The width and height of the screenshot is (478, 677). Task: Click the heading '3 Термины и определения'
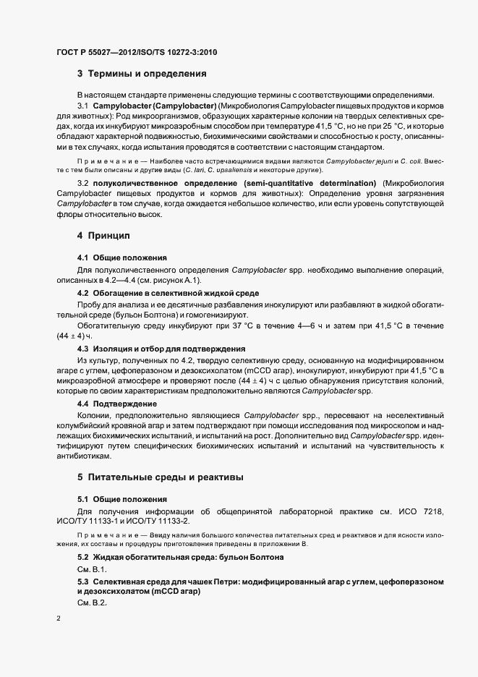click(x=142, y=74)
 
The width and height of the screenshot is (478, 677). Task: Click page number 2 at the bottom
click(x=58, y=618)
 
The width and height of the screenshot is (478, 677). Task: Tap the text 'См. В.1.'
click(x=92, y=570)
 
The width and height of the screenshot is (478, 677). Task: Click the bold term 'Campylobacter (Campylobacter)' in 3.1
click(x=149, y=107)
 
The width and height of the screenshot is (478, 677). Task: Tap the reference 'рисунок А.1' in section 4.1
click(x=172, y=280)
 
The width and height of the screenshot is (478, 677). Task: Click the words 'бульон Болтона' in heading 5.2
click(x=252, y=558)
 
